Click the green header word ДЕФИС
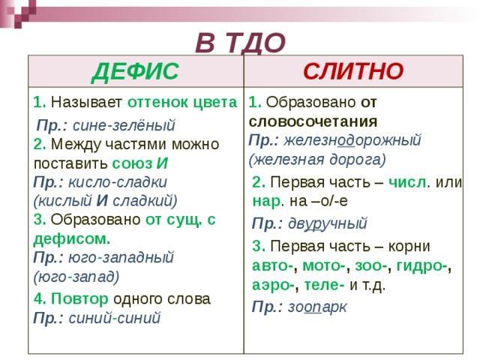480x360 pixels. (x=135, y=72)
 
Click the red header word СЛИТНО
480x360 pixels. (x=353, y=71)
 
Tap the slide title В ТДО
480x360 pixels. (x=241, y=43)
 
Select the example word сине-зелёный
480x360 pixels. (x=124, y=125)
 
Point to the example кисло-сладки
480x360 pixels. (x=118, y=182)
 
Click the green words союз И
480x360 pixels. (x=140, y=163)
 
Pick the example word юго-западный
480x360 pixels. (x=121, y=257)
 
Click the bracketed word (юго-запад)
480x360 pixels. (x=76, y=277)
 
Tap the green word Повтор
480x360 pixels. (x=79, y=298)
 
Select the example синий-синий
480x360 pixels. (x=115, y=318)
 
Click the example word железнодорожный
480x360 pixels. (x=352, y=140)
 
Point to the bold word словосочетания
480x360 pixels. (x=313, y=121)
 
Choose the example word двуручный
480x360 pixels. (x=328, y=223)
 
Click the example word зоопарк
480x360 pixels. (x=317, y=307)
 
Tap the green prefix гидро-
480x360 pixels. (x=421, y=265)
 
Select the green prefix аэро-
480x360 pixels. (x=273, y=285)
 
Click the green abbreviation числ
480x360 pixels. (x=407, y=182)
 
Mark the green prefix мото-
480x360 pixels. (x=325, y=265)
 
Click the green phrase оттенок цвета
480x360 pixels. (x=182, y=102)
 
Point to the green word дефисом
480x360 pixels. (x=71, y=239)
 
